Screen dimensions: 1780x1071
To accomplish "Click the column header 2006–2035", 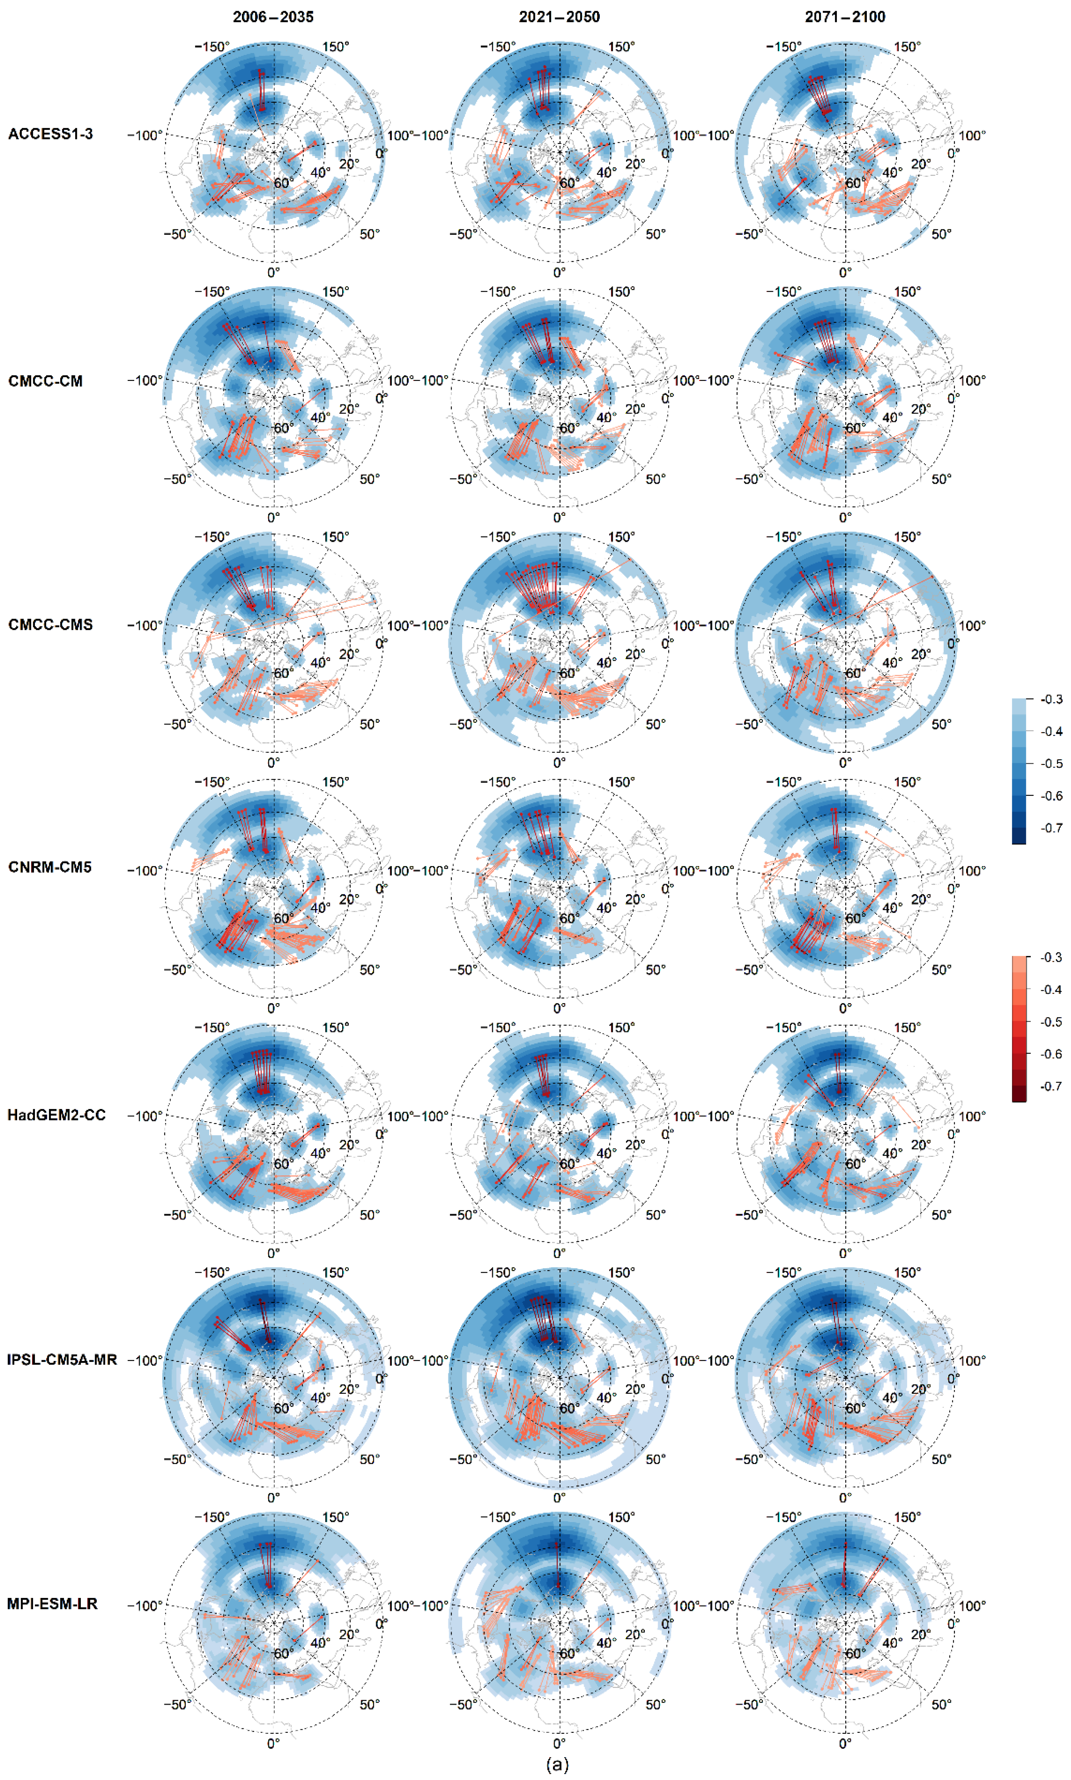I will (273, 16).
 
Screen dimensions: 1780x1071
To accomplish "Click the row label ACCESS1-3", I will (51, 134).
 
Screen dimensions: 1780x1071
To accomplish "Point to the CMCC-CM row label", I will (45, 381).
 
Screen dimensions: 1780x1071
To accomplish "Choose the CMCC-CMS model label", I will (51, 625).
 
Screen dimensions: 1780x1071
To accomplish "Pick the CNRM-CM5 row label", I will (50, 867).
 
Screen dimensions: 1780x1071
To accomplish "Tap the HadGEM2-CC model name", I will (56, 1115).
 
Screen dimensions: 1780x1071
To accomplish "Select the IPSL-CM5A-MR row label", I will (62, 1359).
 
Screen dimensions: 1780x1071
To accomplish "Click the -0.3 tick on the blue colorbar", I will (1051, 699).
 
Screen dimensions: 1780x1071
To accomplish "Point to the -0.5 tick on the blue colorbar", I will (1051, 763).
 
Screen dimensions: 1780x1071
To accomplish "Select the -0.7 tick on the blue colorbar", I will (1051, 828).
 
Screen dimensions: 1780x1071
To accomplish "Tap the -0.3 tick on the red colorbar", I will (1051, 958).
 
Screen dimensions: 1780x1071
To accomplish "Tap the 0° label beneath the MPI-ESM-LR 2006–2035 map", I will (274, 1743).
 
